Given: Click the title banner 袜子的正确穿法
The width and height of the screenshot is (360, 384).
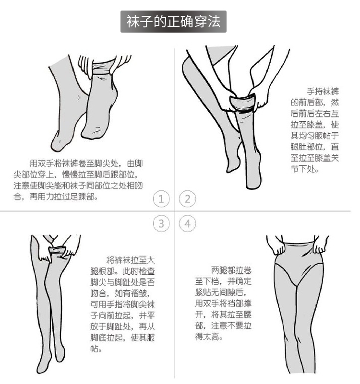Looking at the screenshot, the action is click(173, 22).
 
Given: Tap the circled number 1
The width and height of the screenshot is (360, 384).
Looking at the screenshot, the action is click(161, 199).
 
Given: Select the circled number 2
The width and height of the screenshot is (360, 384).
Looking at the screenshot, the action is click(187, 199).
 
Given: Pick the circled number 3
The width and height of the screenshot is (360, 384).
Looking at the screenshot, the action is click(161, 223).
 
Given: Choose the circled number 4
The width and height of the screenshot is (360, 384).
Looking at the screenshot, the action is click(187, 223).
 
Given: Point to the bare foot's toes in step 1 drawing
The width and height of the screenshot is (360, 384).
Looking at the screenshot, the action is click(57, 143).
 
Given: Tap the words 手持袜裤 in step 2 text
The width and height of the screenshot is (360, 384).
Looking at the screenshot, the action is click(323, 92).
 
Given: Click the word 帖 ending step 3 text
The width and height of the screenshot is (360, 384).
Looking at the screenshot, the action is click(95, 349).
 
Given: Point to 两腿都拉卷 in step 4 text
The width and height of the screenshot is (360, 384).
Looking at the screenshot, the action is click(231, 270).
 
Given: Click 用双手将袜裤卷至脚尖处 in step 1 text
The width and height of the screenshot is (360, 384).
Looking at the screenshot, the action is click(74, 163).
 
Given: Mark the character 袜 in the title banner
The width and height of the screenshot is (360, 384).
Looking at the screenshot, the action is click(133, 22).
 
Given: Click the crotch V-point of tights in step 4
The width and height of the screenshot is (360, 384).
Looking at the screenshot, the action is click(297, 285).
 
